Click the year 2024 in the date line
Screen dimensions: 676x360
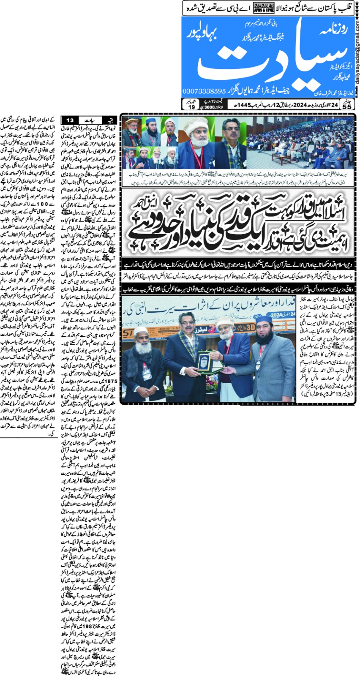[300, 105]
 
